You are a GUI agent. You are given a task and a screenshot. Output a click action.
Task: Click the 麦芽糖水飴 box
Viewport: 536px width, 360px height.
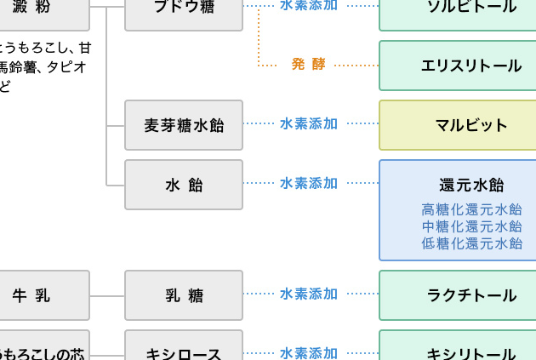(x=184, y=125)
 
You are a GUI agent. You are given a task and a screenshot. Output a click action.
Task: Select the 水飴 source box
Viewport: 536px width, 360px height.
(x=184, y=185)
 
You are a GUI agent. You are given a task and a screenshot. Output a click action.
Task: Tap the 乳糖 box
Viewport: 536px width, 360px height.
(x=184, y=295)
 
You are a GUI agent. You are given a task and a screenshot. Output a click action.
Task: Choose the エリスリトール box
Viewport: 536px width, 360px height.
(x=470, y=66)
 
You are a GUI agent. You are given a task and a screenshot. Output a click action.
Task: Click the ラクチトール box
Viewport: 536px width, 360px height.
(x=470, y=295)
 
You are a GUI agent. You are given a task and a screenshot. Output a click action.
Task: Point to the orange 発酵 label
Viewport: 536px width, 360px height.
(x=309, y=64)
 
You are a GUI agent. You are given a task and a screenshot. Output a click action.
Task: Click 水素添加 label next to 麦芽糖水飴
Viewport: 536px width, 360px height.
(x=309, y=123)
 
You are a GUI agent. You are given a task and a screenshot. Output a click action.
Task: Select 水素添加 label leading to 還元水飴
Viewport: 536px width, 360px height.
(x=309, y=183)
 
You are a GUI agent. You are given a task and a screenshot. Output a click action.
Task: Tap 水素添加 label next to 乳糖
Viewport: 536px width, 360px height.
(x=309, y=294)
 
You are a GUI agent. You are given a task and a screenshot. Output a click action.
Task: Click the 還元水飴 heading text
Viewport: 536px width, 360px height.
(x=471, y=186)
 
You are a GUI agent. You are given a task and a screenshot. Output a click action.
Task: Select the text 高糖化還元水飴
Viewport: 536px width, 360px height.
(x=471, y=209)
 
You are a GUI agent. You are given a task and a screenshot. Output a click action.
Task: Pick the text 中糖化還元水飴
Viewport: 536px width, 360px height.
(x=471, y=226)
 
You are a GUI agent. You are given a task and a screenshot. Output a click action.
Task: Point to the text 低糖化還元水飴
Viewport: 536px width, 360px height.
(x=471, y=243)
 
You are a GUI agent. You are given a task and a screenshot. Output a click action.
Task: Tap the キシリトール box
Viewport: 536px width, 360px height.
(x=470, y=350)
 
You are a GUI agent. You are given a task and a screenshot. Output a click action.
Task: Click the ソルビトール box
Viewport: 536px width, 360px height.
(x=470, y=9)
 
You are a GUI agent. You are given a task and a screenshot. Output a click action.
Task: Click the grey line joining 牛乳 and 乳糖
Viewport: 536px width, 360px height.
(x=107, y=295)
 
